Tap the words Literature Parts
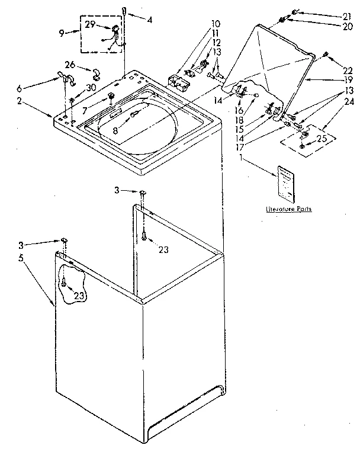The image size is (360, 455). (x=288, y=209)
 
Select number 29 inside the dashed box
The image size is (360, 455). (x=90, y=24)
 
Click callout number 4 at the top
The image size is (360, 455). (x=150, y=20)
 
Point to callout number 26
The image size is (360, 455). (x=70, y=65)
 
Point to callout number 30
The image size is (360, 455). (x=91, y=87)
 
